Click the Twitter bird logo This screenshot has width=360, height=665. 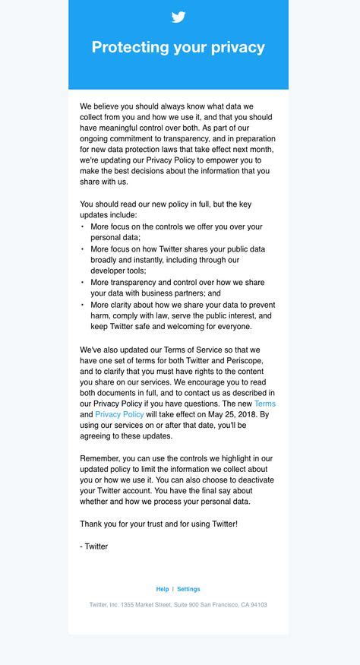[x=178, y=17]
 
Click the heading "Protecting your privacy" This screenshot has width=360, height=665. [x=178, y=47]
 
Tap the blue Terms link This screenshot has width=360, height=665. [x=264, y=404]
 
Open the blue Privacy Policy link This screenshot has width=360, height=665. [x=119, y=415]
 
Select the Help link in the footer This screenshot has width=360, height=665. [x=163, y=589]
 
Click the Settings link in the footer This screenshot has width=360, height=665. [x=188, y=589]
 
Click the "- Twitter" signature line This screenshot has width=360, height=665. [x=94, y=546]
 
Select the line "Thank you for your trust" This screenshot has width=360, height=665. [x=159, y=524]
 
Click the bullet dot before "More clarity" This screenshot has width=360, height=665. [x=83, y=305]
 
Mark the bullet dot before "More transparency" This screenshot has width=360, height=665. [x=83, y=282]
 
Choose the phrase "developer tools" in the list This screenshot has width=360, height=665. [x=119, y=271]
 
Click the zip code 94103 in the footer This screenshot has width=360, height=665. [x=254, y=605]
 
